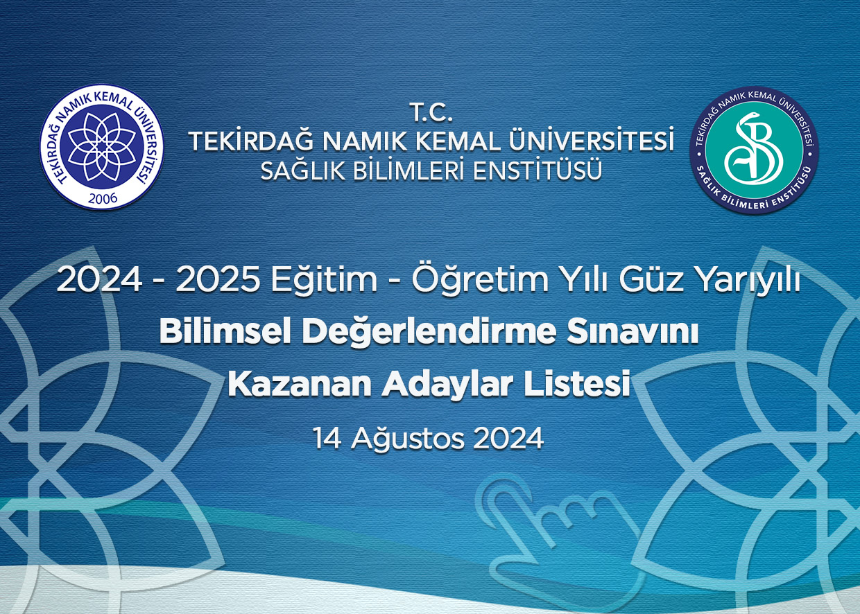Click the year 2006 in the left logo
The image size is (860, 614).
click(x=103, y=198)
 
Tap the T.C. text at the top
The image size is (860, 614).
click(x=432, y=113)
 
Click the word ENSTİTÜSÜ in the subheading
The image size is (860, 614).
click(x=537, y=170)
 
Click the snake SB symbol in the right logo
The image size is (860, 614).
click(x=754, y=150)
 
